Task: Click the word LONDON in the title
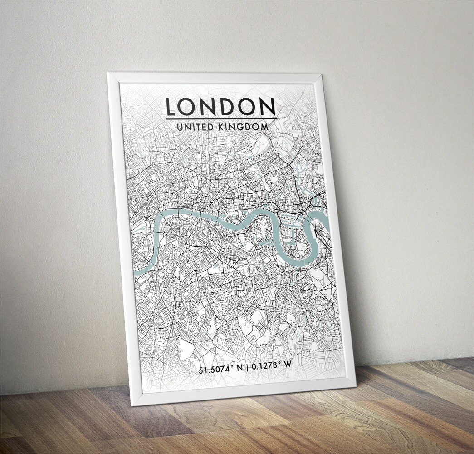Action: click(220, 107)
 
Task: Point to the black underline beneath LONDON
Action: click(221, 119)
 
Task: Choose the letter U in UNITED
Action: click(180, 128)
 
